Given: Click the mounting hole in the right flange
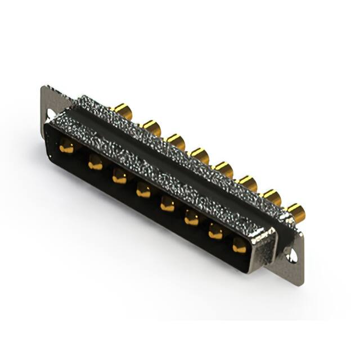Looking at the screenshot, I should click(291, 256).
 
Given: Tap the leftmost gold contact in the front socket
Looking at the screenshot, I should click(66, 147).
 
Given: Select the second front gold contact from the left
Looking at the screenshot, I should click(95, 163).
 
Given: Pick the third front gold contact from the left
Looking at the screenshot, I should click(119, 177).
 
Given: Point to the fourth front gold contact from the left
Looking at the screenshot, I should click(143, 191).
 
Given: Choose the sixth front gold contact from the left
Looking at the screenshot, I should click(192, 218).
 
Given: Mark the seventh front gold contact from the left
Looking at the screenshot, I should click(216, 232).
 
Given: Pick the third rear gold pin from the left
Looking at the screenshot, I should click(176, 141).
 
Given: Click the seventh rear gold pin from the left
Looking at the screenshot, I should click(272, 196).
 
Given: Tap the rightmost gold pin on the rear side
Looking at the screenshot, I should click(296, 212).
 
